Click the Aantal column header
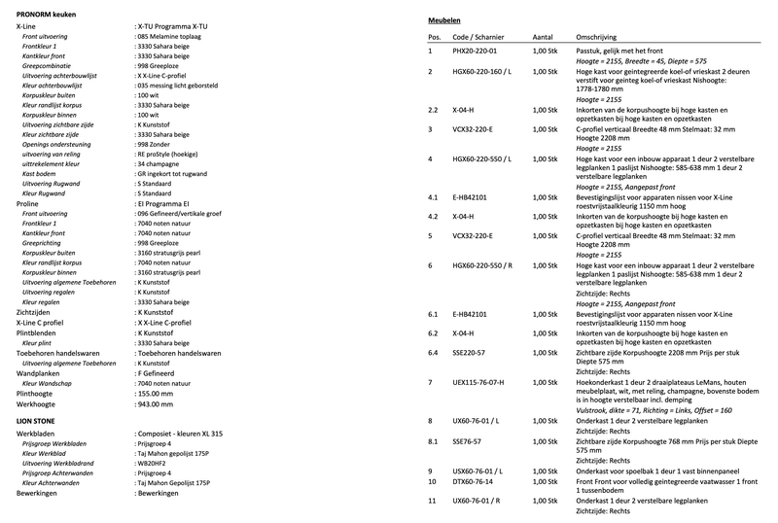tap(544, 36)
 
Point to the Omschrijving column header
tap(602, 36)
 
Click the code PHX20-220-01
tap(476, 50)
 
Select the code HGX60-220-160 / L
tap(484, 73)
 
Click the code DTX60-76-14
tap(474, 481)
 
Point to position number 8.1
tap(434, 441)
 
